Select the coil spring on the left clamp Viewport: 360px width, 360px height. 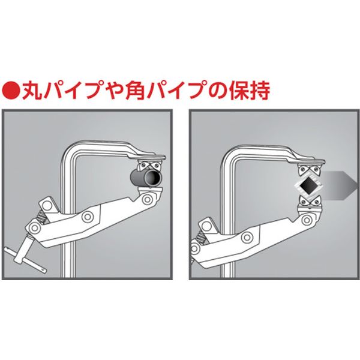[x=41, y=219]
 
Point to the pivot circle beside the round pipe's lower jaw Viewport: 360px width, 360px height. [x=146, y=199]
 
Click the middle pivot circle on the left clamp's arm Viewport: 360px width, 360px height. [x=88, y=217]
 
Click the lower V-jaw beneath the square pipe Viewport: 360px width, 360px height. [x=310, y=200]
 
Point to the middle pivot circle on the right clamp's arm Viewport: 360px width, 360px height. [x=247, y=236]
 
